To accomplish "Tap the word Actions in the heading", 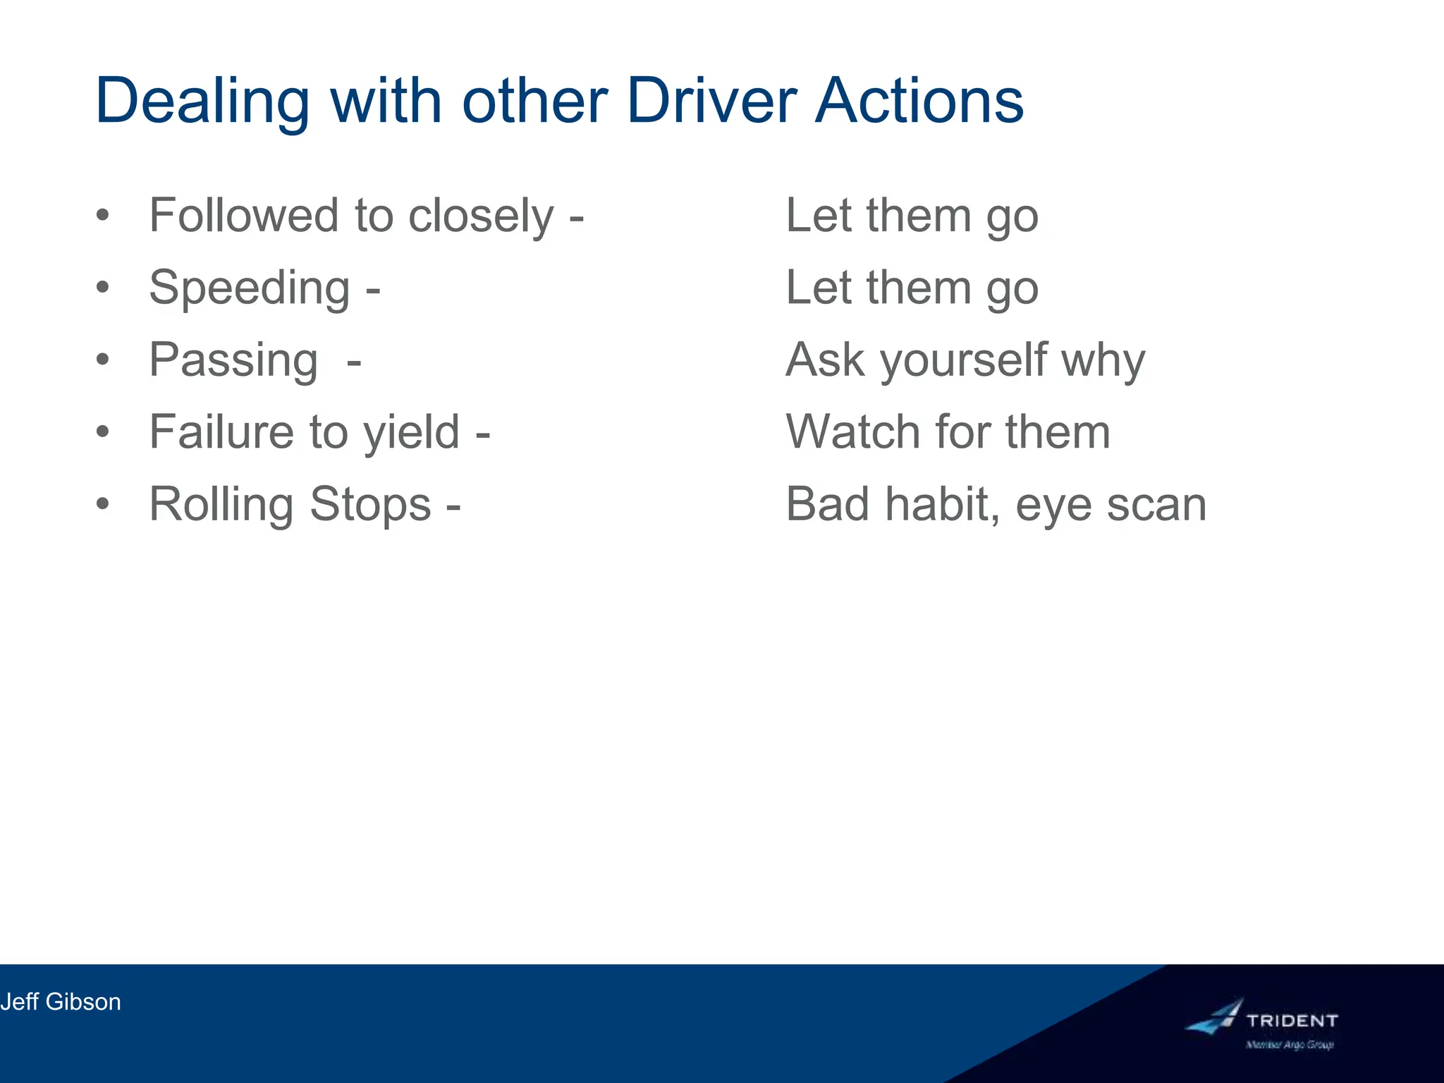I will pyautogui.click(x=919, y=101).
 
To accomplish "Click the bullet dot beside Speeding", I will pyautogui.click(x=104, y=288).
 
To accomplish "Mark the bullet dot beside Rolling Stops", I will pyautogui.click(x=104, y=504).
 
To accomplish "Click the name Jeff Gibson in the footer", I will pyautogui.click(x=61, y=1002).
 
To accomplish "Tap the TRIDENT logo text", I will pyautogui.click(x=1292, y=1020).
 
